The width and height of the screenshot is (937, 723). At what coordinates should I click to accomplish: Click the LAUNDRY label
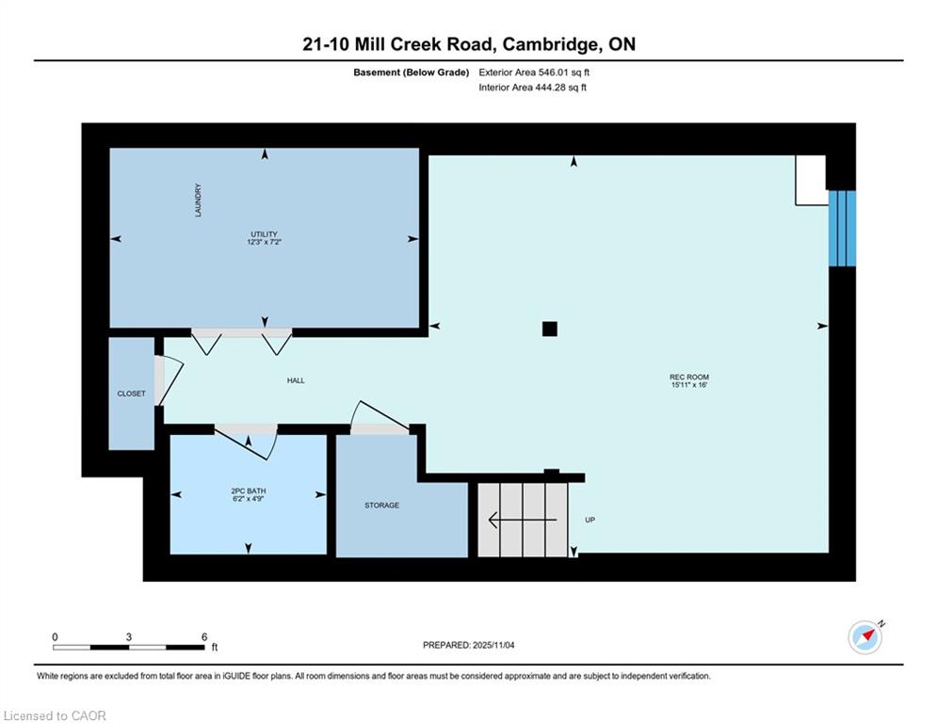198,201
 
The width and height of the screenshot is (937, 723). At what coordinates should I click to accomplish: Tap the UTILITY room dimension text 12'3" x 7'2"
264,242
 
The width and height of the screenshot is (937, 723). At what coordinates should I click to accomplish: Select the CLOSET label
132,394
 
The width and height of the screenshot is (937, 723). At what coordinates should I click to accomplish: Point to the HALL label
296,380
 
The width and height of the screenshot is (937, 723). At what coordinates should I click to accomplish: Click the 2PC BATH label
249,491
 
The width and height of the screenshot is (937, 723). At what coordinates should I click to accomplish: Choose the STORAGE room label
381,506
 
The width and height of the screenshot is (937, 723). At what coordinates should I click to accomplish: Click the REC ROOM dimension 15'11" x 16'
689,385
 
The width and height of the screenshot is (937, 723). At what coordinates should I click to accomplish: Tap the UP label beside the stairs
590,520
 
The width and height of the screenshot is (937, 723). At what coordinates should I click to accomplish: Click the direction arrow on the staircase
523,520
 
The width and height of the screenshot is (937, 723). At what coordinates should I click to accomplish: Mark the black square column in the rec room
550,329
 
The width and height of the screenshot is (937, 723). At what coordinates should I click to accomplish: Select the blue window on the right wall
842,228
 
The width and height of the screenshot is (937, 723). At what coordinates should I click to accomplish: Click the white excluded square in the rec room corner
810,180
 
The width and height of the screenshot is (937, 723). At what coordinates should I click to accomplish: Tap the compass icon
865,637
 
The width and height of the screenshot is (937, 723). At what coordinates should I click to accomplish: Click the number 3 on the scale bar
128,637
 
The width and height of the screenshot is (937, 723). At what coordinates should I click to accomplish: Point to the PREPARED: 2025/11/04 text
469,645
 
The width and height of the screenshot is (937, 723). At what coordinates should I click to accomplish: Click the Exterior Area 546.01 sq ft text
534,72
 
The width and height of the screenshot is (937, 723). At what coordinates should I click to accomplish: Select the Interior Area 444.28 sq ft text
532,88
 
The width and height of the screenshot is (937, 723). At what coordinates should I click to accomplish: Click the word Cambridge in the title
551,45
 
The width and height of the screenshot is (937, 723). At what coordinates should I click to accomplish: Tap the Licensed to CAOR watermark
55,715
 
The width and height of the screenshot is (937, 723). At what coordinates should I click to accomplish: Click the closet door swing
170,379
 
